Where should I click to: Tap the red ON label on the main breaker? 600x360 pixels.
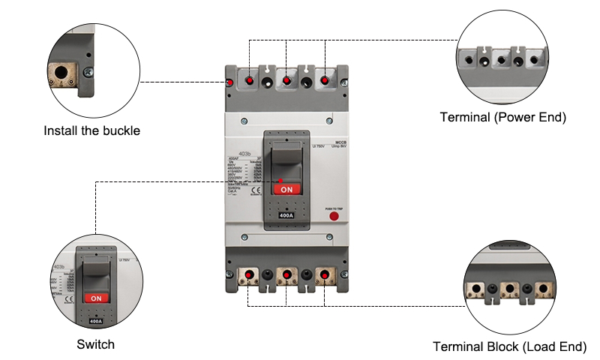pyautogui.click(x=286, y=190)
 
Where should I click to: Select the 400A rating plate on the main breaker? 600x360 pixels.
pyautogui.click(x=286, y=216)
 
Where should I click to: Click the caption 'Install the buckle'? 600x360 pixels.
pyautogui.click(x=92, y=130)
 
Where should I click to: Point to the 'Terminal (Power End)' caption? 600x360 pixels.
pyautogui.click(x=502, y=117)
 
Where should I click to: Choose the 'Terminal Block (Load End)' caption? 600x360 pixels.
pyautogui.click(x=510, y=346)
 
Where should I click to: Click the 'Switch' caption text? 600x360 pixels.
pyautogui.click(x=96, y=344)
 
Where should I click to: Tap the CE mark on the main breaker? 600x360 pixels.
pyautogui.click(x=254, y=190)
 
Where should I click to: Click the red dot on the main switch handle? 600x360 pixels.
pyautogui.click(x=280, y=180)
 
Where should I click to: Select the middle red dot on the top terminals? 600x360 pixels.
pyautogui.click(x=286, y=79)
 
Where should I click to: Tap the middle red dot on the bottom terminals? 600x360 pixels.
pyautogui.click(x=286, y=274)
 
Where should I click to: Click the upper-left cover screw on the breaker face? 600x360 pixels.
pyautogui.click(x=244, y=119)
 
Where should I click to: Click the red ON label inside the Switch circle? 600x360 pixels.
pyautogui.click(x=95, y=298)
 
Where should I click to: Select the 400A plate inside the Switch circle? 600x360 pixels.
pyautogui.click(x=95, y=320)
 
